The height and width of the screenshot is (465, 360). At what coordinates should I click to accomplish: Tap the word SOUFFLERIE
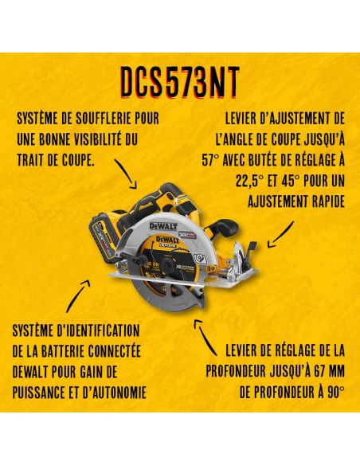(x=104, y=119)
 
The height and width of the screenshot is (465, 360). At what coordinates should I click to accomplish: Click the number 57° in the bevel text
(x=210, y=160)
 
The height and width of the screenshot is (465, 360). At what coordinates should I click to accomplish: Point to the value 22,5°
(x=248, y=182)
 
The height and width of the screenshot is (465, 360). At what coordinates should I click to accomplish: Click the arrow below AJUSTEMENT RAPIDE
(x=280, y=235)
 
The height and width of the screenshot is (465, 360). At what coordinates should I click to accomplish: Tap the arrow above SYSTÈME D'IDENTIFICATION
(x=78, y=295)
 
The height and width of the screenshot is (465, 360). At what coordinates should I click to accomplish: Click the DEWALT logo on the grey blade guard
(x=163, y=227)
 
